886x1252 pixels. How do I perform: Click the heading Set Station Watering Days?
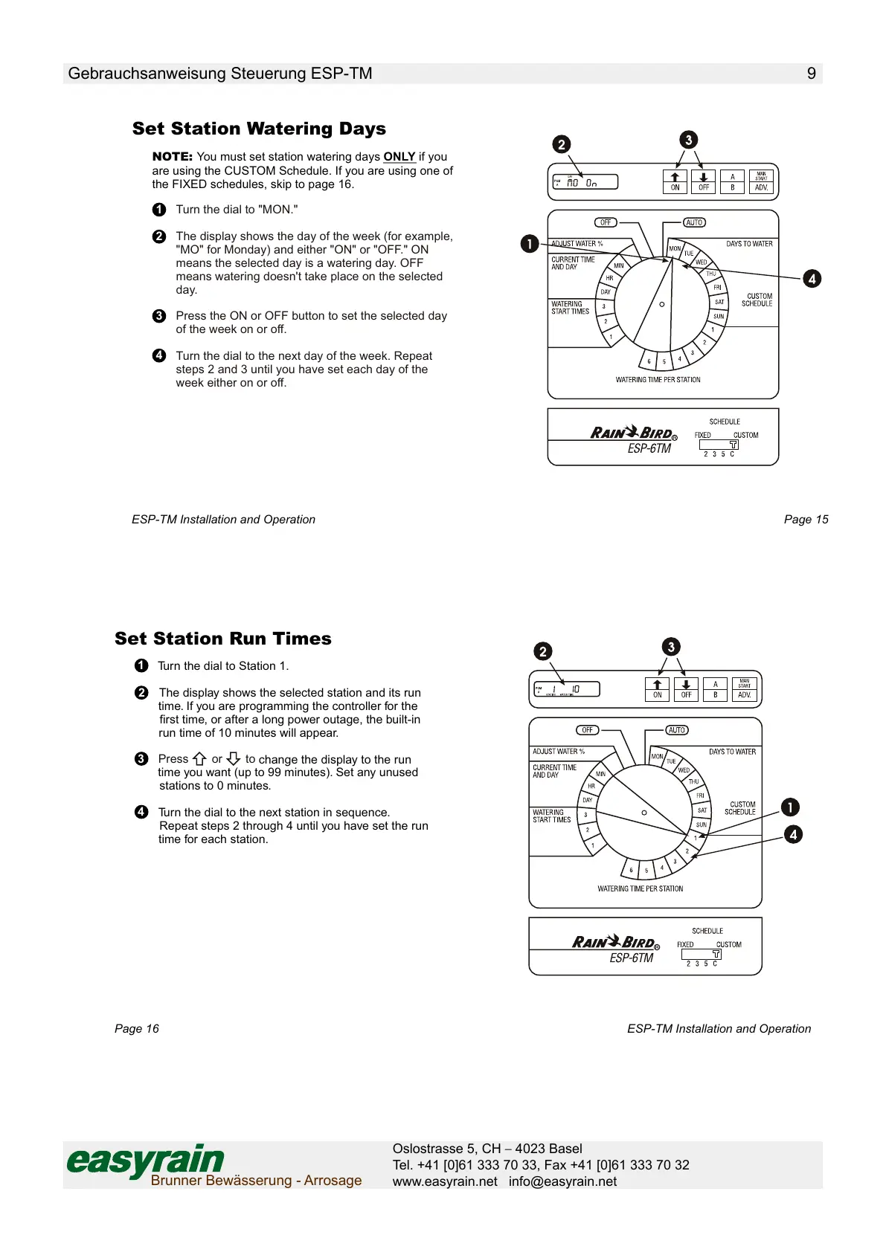(259, 129)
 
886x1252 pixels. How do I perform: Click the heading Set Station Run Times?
(223, 639)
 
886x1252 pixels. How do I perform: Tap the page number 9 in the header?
(811, 74)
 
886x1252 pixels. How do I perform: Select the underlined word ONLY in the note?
(399, 157)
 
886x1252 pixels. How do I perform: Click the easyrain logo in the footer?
(146, 1161)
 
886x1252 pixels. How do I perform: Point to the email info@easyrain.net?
(562, 1181)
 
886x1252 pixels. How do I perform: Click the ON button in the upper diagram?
(675, 181)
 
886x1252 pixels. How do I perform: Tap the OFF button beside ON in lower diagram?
(686, 689)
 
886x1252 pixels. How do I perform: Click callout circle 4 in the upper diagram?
(812, 279)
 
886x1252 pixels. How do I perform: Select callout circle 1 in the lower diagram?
(790, 807)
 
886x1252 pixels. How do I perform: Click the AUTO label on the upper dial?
(694, 222)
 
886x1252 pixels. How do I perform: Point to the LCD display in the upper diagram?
(585, 181)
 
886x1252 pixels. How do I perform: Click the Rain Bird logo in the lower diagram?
(615, 942)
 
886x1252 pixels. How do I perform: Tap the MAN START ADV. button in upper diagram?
(761, 181)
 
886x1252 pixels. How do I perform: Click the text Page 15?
(806, 520)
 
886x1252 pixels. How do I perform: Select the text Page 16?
(137, 1029)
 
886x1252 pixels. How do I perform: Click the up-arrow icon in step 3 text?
(199, 759)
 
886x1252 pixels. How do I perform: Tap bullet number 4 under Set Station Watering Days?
(159, 355)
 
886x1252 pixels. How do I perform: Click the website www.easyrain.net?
(445, 1181)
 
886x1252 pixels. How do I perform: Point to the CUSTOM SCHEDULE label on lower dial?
(742, 808)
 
